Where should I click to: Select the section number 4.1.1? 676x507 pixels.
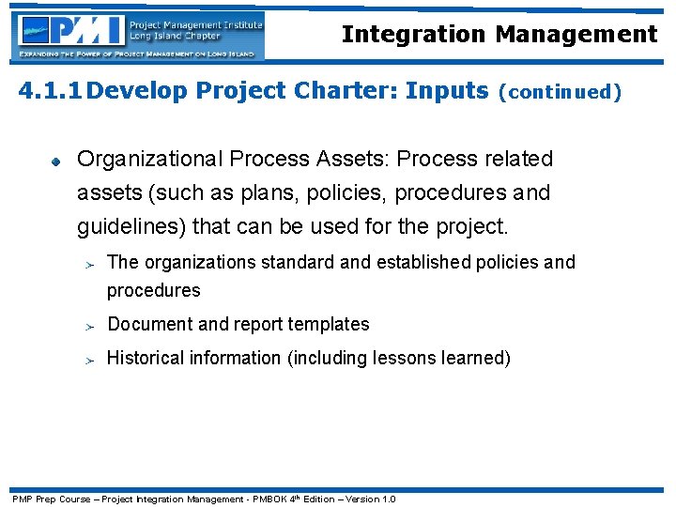[x=53, y=91]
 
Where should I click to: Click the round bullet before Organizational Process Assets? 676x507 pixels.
[x=55, y=161]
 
